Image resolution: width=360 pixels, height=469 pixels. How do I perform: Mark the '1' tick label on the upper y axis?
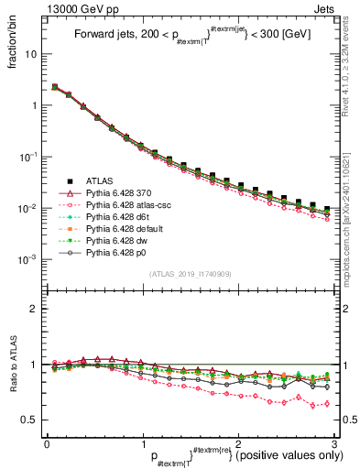(x=37, y=105)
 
